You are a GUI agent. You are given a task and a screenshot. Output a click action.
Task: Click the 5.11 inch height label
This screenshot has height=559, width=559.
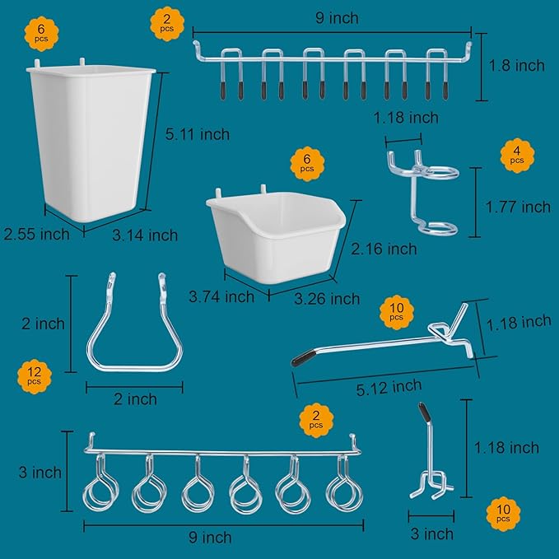point(197,134)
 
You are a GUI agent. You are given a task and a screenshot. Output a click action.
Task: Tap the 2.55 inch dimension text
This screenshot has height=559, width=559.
point(35,234)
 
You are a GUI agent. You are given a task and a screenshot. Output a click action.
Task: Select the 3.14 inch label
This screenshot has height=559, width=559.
point(145,235)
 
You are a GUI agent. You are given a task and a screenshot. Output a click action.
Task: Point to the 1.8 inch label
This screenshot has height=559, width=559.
point(517,65)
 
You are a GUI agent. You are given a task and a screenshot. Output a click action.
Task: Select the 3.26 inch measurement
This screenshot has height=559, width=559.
point(328,298)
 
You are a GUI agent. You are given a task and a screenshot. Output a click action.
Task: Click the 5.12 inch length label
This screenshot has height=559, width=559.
point(389,385)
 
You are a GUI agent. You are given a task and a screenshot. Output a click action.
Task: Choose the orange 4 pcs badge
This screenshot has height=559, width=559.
point(516,156)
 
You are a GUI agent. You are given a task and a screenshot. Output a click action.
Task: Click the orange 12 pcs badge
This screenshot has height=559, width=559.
point(34,377)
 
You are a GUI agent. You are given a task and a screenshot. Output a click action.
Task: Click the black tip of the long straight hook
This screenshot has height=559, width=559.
point(303,357)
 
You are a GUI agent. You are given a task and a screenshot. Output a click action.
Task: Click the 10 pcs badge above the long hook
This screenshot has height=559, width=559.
point(395,312)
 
